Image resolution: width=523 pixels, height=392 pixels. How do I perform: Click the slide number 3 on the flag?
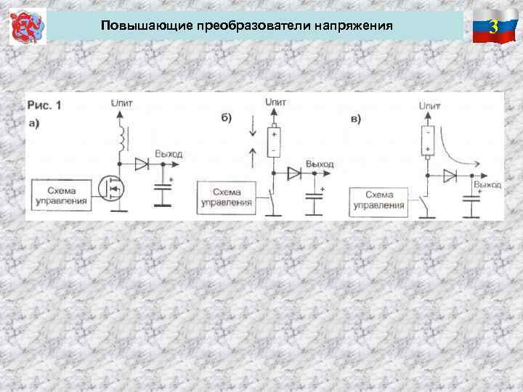point(493,28)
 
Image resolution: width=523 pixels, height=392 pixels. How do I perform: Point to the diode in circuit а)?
point(141,165)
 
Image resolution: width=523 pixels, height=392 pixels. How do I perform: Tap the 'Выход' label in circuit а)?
point(168,154)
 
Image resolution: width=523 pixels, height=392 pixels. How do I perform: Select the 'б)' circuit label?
point(226,118)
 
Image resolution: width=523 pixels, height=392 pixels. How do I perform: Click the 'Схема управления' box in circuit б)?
point(226,197)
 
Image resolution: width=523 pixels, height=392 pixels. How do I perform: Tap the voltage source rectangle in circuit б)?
point(274,142)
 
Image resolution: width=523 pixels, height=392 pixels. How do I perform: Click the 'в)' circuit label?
point(355,118)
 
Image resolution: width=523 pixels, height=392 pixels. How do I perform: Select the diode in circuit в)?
point(450,176)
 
